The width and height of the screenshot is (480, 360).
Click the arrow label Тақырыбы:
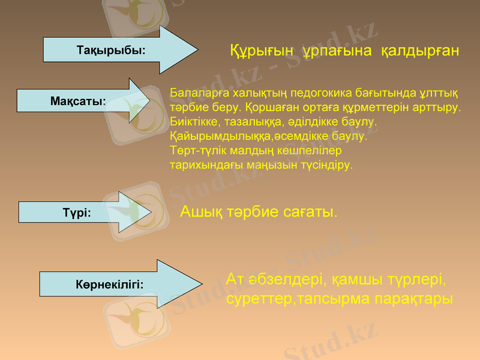pos(111,50)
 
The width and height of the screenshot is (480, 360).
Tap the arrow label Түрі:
pos(77,212)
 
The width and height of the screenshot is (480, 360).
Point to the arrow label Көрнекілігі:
pos(110,284)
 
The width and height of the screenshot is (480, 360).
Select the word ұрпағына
pos(338,51)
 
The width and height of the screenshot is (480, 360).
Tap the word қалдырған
pos(420,51)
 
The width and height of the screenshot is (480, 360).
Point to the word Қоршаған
pos(271,108)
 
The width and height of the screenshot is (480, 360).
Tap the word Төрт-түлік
pos(197,150)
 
